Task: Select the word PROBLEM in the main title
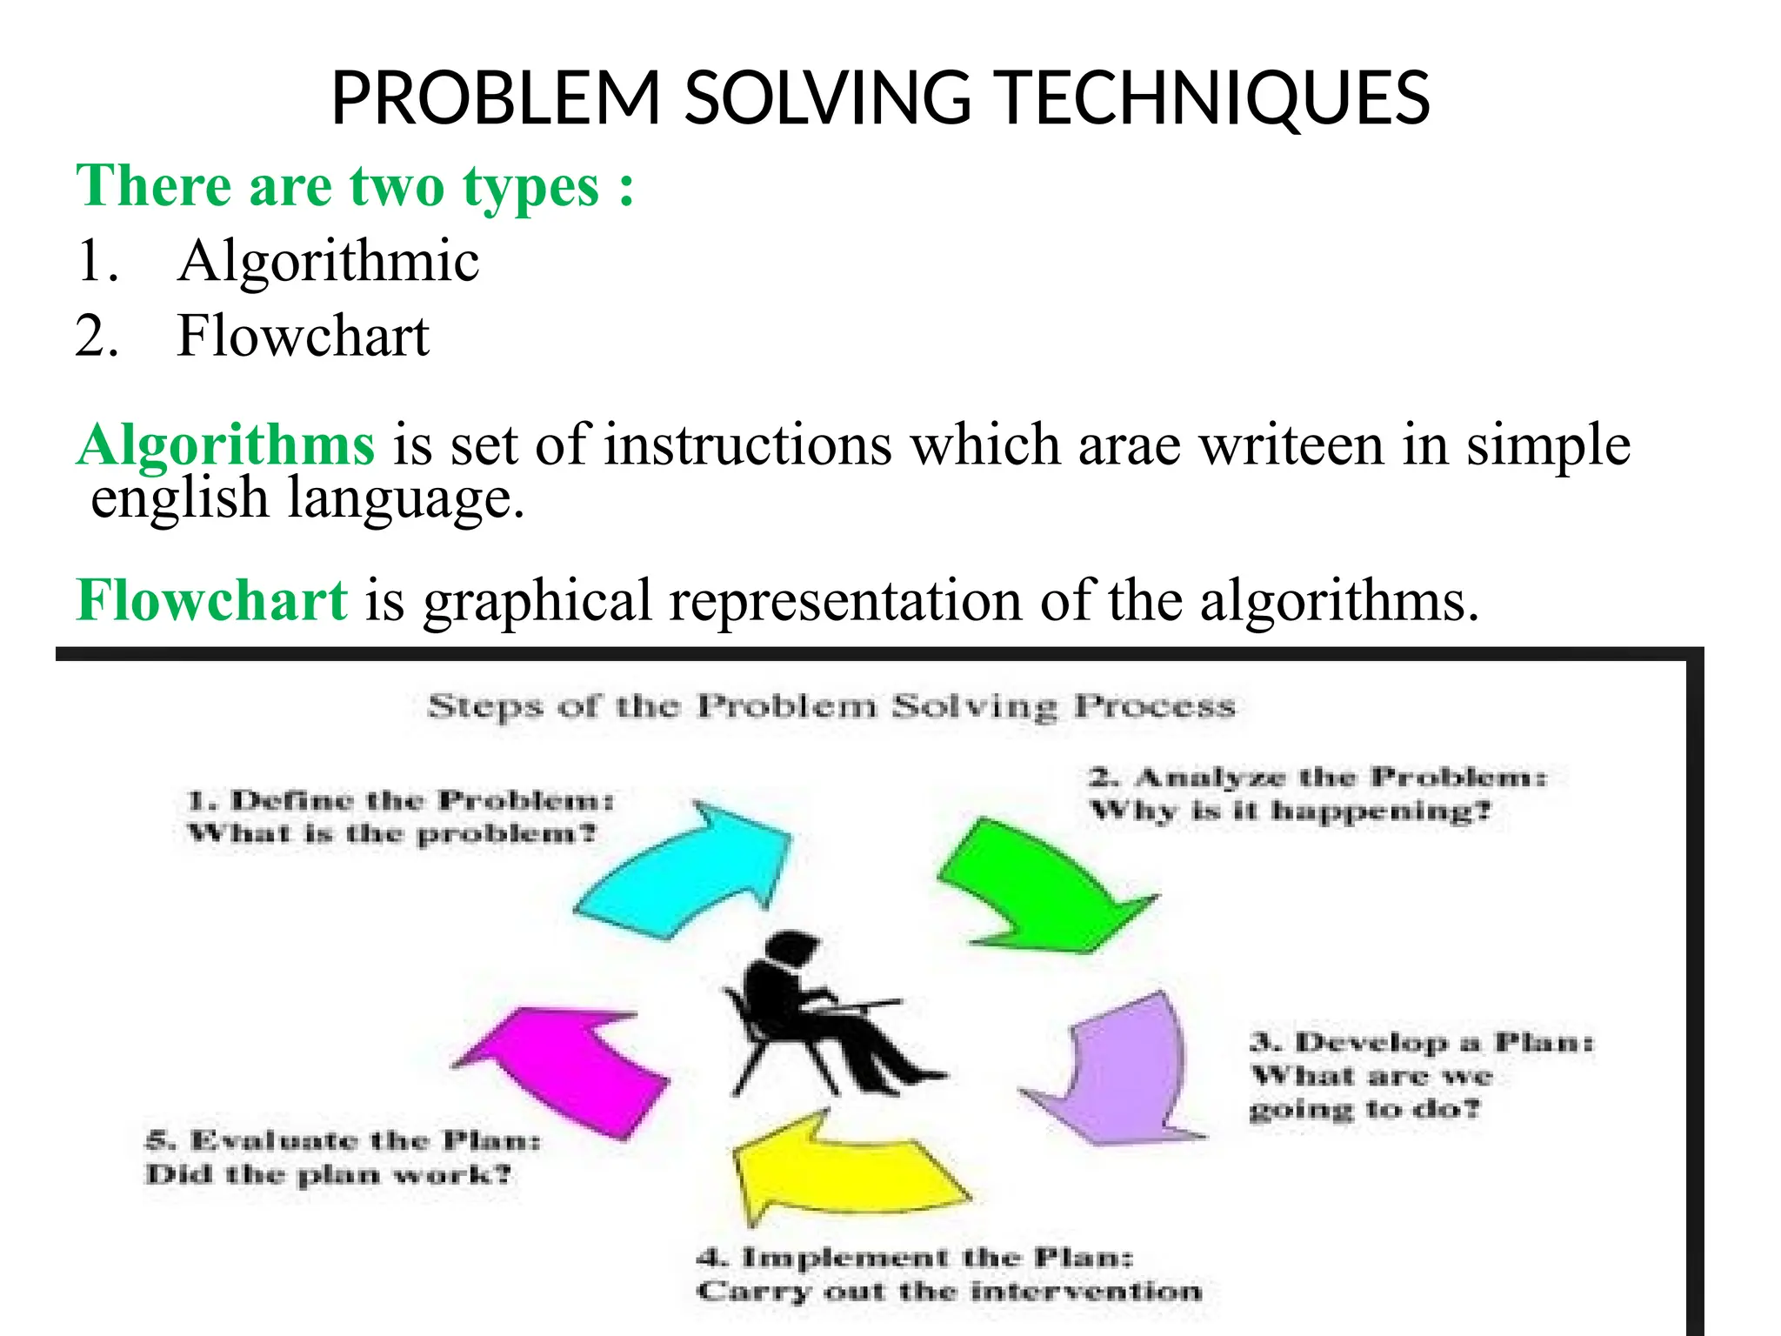496,98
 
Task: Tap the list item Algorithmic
328,260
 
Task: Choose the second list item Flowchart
303,336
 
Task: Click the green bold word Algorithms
226,444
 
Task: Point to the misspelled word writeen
1291,444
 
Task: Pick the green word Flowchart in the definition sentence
212,600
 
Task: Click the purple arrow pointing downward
1122,1070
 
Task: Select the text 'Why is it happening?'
1291,812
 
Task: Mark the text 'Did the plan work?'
329,1175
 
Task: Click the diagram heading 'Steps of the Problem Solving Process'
831,706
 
